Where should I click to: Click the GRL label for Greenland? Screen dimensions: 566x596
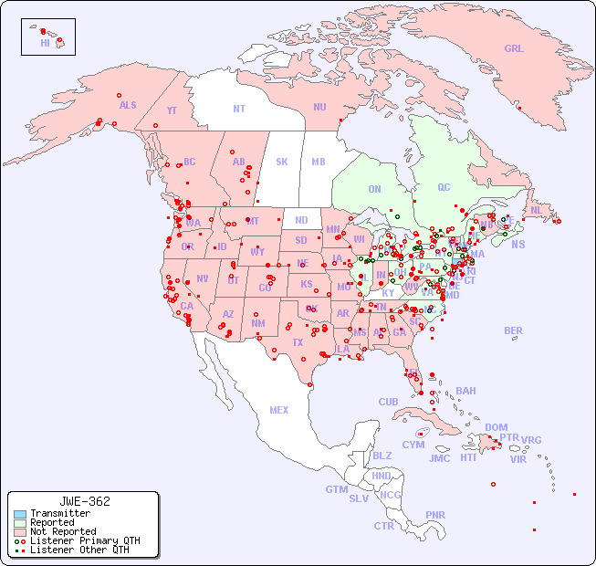point(514,49)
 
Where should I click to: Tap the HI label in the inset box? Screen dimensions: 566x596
point(45,43)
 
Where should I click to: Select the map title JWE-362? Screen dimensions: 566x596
point(84,502)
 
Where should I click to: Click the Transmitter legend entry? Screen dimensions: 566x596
point(59,514)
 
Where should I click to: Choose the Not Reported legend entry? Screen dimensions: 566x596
point(62,531)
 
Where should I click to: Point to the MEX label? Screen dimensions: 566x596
point(279,411)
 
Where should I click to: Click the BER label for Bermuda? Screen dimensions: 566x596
point(514,331)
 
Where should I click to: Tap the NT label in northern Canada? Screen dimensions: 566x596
point(239,109)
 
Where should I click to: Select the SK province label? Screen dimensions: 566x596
point(282,162)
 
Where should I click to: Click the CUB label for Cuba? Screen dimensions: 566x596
point(389,403)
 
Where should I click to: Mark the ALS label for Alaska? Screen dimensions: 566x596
point(128,106)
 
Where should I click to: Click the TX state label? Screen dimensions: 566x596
point(297,343)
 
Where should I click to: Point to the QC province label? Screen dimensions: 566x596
point(444,188)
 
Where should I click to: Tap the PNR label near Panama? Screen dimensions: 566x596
point(435,515)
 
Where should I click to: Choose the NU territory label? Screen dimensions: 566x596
point(319,108)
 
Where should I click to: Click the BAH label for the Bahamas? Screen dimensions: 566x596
point(465,392)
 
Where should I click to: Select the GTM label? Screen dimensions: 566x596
point(337,489)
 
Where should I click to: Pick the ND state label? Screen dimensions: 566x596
point(301,220)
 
